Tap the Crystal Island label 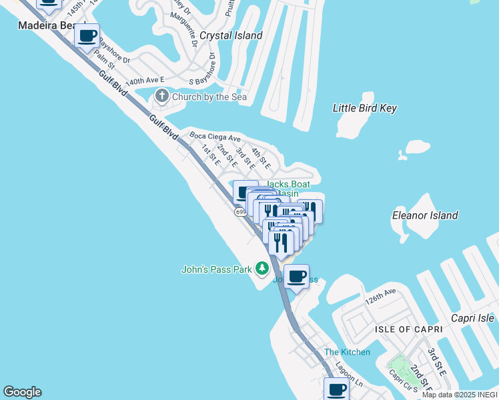tap(231, 35)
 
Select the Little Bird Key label tap(365, 108)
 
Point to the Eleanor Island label tap(425, 215)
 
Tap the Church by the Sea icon tap(162, 97)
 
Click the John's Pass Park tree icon tap(262, 269)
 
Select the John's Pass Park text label tap(217, 269)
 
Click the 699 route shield tap(241, 211)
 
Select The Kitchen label tap(347, 352)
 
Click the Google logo tap(22, 392)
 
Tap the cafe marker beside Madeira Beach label tap(87, 37)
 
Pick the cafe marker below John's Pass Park tap(297, 277)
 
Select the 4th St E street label tap(260, 157)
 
